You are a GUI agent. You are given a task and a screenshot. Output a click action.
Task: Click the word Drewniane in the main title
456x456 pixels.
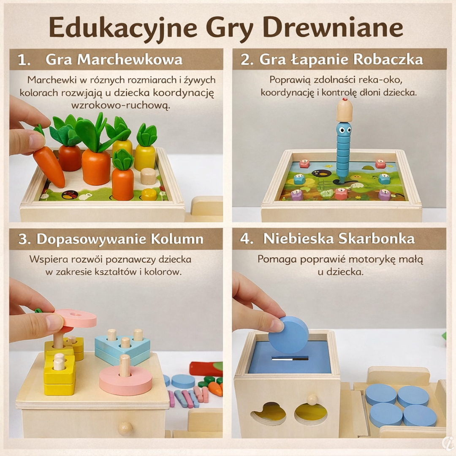click(332, 27)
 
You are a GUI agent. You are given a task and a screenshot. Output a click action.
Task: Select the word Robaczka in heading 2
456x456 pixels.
click(388, 60)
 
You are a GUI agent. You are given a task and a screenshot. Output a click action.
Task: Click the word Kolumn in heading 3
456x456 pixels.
click(177, 239)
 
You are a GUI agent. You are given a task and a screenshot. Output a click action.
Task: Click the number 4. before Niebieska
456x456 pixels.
click(247, 239)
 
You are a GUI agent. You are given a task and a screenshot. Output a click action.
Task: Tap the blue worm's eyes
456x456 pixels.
click(345, 130)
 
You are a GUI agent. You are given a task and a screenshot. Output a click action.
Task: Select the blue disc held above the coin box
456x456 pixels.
click(288, 335)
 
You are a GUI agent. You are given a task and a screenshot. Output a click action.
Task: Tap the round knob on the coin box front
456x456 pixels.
click(312, 400)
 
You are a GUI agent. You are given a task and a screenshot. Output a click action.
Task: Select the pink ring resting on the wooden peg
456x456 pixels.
click(126, 380)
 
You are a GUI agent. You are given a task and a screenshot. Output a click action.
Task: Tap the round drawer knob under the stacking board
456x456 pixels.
click(126, 429)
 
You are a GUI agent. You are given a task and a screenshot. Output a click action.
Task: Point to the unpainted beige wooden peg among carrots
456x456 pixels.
click(148, 176)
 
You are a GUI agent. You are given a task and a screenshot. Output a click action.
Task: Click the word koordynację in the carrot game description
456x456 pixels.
click(184, 93)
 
